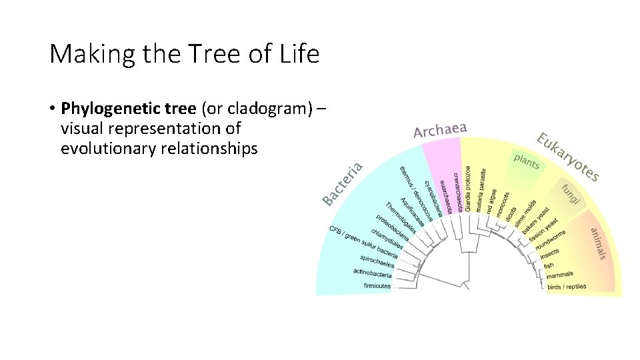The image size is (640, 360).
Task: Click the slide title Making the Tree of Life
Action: [185, 54]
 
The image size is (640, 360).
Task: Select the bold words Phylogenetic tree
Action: [128, 108]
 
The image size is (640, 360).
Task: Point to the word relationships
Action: [209, 149]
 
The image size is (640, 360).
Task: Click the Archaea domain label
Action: [440, 130]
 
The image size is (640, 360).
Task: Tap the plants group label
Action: [527, 161]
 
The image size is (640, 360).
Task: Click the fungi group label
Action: [571, 193]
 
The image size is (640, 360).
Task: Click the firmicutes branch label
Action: [377, 286]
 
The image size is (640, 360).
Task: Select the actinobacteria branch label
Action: [373, 273]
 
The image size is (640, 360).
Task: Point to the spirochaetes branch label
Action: [377, 261]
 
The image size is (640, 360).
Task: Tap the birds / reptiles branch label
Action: [567, 287]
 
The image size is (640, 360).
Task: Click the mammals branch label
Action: [559, 275]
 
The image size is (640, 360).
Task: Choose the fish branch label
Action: [549, 265]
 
